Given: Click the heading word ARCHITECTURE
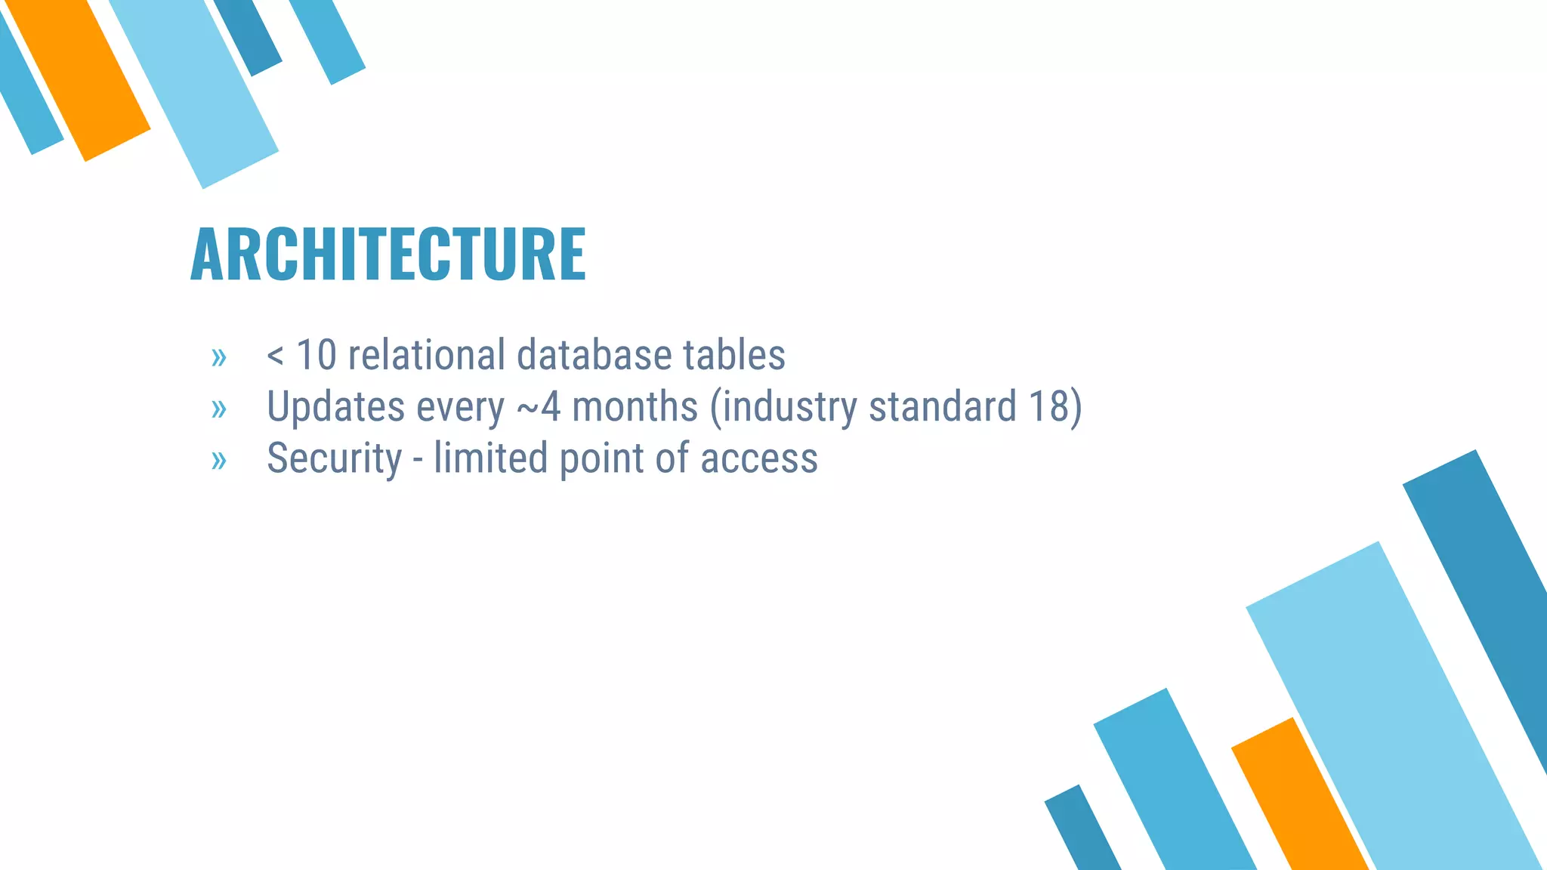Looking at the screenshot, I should [x=388, y=254].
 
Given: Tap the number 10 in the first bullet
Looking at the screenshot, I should [x=316, y=355].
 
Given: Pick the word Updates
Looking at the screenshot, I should [x=335, y=408].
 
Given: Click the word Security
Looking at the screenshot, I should [x=335, y=459].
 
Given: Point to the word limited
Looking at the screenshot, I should [x=490, y=458].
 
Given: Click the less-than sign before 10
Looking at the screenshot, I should [x=275, y=356].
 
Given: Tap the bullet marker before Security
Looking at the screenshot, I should [x=219, y=460].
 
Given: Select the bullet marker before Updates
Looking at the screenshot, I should [x=219, y=409].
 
